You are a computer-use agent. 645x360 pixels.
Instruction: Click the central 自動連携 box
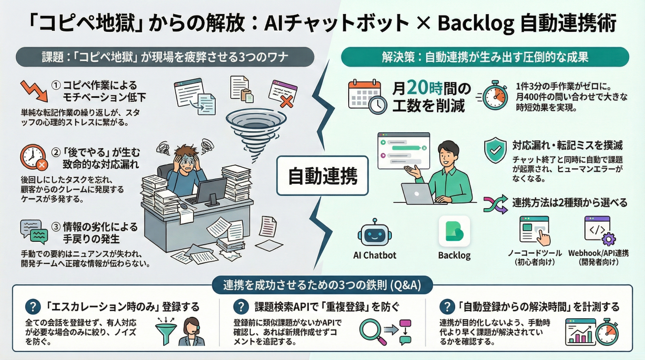point(322,176)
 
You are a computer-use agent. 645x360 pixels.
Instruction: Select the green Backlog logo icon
point(454,231)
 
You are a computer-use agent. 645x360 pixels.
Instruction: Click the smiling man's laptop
point(419,194)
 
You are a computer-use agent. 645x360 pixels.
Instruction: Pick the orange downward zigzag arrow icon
point(34,90)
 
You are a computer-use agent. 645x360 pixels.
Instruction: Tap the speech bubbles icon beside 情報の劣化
point(34,230)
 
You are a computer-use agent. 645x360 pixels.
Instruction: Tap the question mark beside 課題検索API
point(240,307)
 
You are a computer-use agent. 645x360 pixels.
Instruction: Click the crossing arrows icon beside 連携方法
point(495,203)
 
